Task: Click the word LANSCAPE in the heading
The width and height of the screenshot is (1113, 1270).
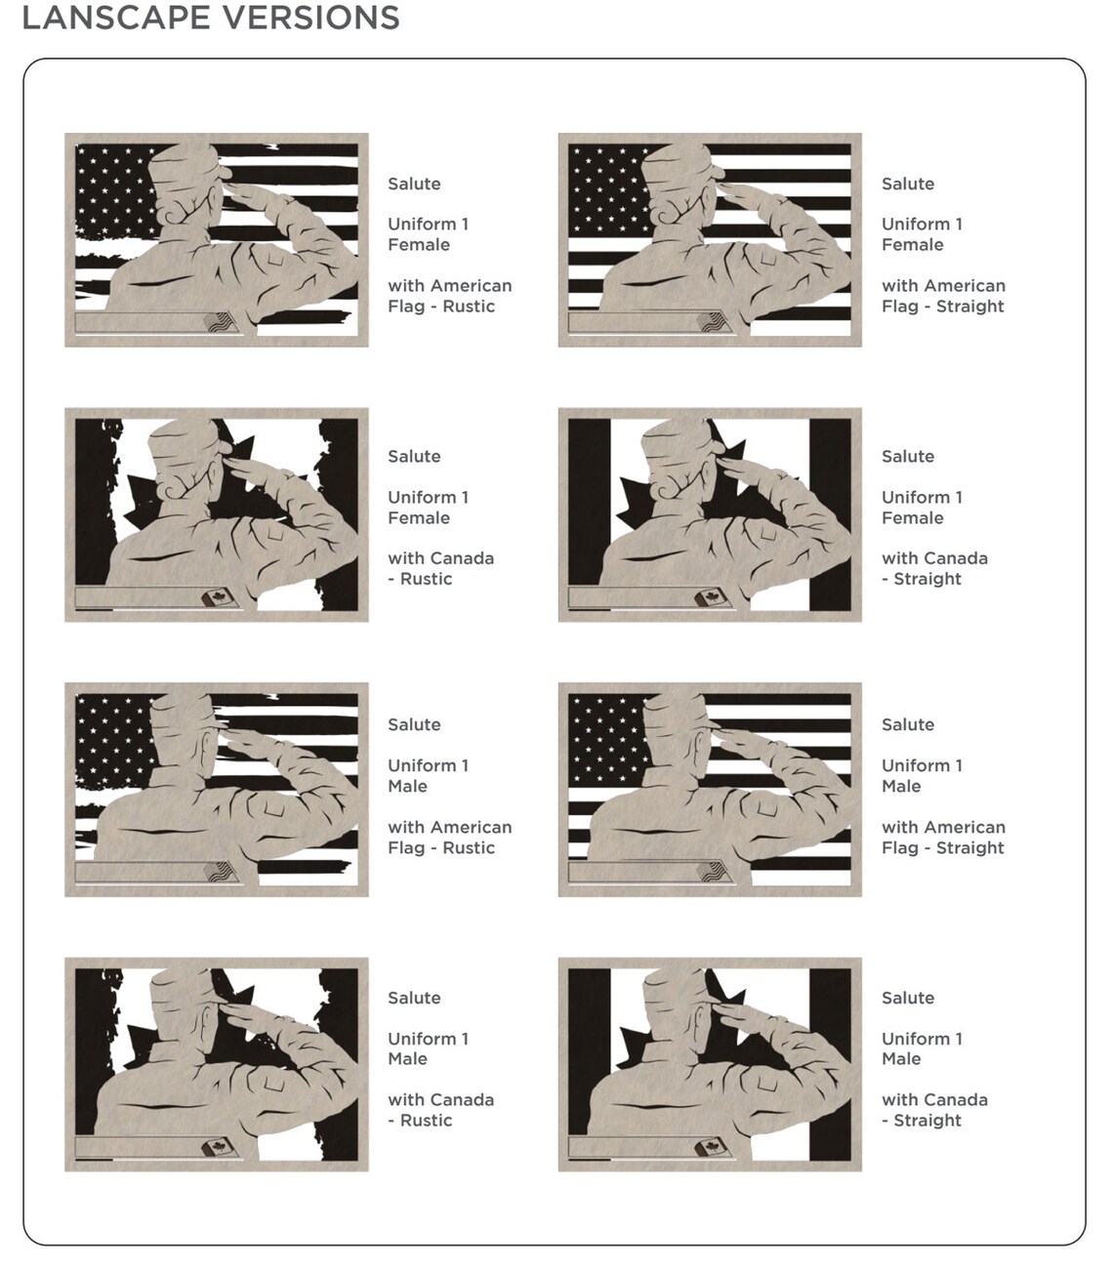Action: [x=116, y=17]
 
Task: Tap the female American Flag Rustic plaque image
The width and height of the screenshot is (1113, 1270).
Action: [x=217, y=239]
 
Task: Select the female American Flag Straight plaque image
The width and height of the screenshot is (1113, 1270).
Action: [x=710, y=239]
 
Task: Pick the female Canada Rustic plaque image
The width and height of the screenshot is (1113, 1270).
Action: [x=217, y=514]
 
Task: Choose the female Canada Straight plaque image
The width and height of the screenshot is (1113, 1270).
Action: [x=710, y=514]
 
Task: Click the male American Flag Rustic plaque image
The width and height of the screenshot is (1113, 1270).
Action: [x=217, y=789]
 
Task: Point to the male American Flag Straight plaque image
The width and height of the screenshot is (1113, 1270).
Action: [x=710, y=789]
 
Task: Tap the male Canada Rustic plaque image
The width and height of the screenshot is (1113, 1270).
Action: [x=217, y=1064]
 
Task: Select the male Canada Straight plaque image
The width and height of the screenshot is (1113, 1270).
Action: [x=710, y=1064]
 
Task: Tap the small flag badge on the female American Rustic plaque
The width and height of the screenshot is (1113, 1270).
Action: [x=219, y=322]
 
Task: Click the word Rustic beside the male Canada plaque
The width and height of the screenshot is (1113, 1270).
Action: [x=426, y=1121]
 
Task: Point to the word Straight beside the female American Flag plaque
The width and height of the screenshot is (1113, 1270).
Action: [x=969, y=306]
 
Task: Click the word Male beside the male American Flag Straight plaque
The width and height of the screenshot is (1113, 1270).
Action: [x=901, y=786]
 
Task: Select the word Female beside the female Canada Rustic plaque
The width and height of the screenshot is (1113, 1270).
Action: [x=418, y=517]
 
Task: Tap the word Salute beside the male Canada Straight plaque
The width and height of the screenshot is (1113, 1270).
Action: [x=908, y=998]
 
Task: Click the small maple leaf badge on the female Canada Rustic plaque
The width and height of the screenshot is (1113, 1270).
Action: [x=219, y=597]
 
